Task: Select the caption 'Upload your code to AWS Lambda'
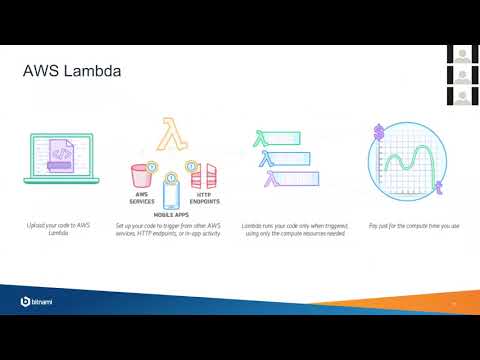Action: pyautogui.click(x=56, y=230)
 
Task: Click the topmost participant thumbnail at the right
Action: pyautogui.click(x=462, y=53)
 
